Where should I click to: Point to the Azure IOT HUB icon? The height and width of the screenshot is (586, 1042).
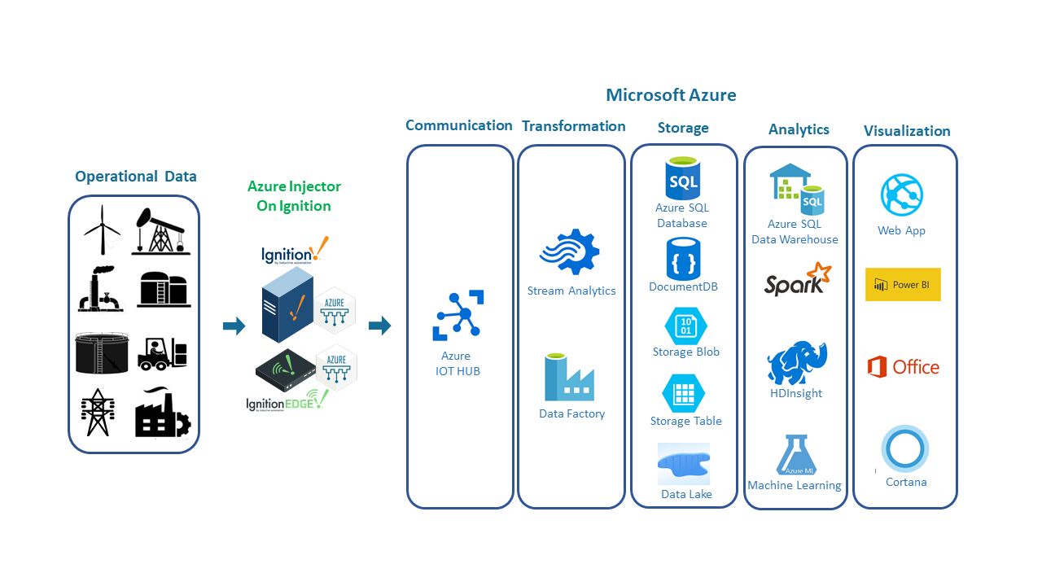pos(457,314)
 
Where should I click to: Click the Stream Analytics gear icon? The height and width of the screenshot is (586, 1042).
pos(570,253)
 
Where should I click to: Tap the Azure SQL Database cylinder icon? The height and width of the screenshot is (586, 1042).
pos(682,179)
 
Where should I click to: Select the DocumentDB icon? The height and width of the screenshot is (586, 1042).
pos(682,258)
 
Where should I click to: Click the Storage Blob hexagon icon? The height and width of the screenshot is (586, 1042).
pos(685,325)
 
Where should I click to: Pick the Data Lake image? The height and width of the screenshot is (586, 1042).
pos(684,464)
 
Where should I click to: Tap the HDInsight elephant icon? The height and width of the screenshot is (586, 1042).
pos(796,363)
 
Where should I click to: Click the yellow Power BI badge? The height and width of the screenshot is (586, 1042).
pos(903,285)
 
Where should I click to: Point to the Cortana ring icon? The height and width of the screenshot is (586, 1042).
pos(904,449)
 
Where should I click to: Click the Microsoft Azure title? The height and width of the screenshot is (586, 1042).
pos(671,95)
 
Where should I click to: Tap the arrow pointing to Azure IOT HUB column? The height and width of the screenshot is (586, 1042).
pos(379,326)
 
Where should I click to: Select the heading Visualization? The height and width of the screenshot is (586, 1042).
pos(907,131)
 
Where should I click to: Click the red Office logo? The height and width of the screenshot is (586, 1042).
pos(877,367)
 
